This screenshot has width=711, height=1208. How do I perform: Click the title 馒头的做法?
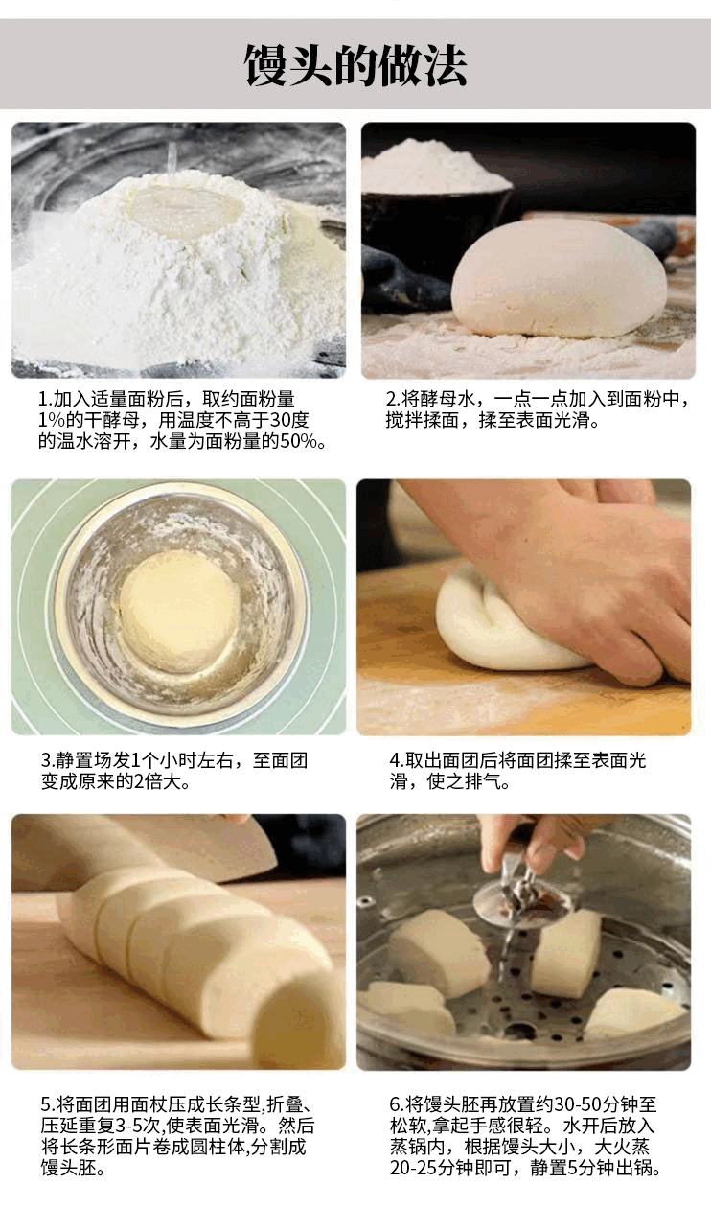[355, 65]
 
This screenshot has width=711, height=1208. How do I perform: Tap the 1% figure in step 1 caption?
[51, 421]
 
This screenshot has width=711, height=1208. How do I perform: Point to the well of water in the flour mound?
[184, 208]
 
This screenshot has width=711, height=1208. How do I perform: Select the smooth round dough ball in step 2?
[559, 279]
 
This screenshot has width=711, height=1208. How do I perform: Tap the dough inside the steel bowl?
[179, 612]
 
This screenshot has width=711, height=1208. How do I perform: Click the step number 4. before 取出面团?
[397, 761]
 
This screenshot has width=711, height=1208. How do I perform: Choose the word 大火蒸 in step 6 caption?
[622, 1148]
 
